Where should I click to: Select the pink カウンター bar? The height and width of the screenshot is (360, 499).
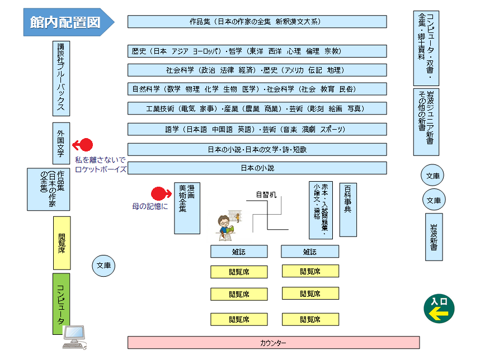[274, 342]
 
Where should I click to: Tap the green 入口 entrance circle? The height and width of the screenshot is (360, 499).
[439, 309]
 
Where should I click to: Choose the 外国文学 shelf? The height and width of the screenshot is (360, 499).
[62, 144]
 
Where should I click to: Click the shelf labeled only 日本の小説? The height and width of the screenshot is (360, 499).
[257, 168]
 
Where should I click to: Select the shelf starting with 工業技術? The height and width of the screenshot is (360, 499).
[257, 108]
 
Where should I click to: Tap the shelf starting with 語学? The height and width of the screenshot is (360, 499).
[257, 129]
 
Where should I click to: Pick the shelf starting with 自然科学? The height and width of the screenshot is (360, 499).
[257, 89]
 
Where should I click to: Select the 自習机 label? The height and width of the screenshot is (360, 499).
[266, 195]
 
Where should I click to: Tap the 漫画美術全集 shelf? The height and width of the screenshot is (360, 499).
[187, 207]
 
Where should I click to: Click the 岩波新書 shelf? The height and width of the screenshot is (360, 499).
[434, 236]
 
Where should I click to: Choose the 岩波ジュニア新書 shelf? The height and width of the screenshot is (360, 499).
[426, 121]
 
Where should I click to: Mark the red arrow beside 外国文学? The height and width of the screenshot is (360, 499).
[83, 145]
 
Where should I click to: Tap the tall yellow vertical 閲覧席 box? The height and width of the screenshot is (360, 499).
[62, 243]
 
